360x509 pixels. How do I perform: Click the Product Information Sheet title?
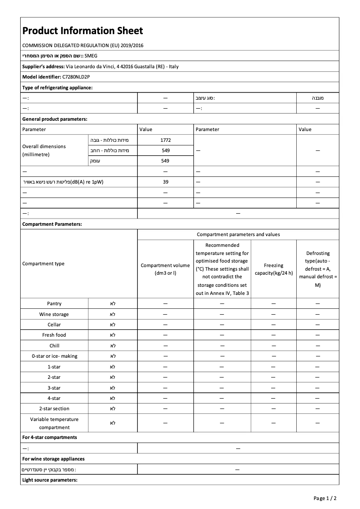pos(83,31)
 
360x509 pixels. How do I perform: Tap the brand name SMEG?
pos(91,56)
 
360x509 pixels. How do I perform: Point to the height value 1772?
pos(166,140)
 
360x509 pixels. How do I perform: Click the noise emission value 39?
pos(166,182)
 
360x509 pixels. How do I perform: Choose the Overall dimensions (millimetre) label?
pos(44,150)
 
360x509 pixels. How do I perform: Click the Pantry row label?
pos(54,304)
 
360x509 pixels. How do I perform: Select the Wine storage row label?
pos(54,314)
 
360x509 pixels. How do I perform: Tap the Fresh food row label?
pos(54,335)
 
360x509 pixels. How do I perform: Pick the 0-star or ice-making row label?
pos(54,356)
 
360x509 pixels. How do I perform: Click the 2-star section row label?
pos(54,408)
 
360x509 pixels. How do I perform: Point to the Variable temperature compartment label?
pos(54,423)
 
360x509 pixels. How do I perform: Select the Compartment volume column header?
pos(165,269)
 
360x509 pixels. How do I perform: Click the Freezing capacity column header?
pos(273,269)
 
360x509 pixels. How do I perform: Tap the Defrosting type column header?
pos(317,269)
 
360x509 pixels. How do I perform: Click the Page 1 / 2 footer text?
pos(325,498)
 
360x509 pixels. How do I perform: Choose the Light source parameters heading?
pos(50,480)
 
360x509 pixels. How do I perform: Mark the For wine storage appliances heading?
pos(53,459)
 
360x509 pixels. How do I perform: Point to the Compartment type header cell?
pos(44,263)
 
